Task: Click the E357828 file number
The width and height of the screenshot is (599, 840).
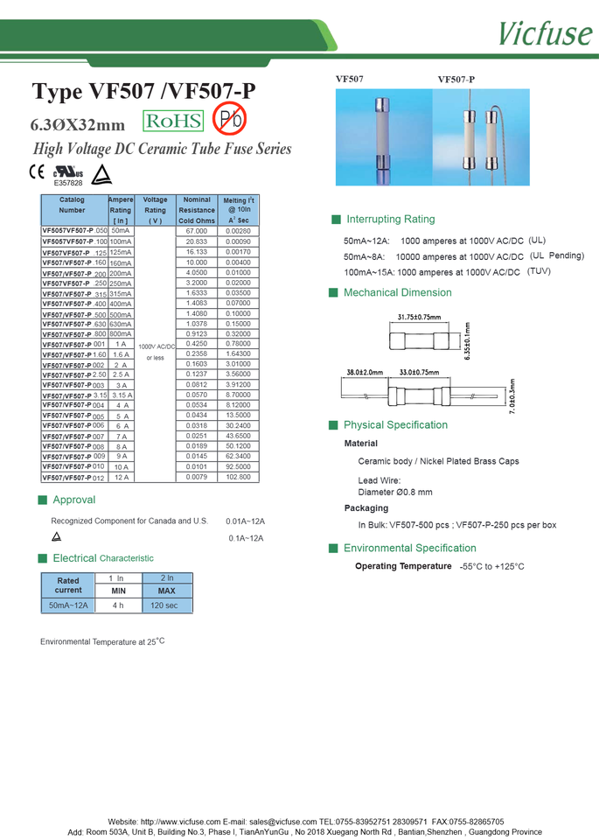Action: pyautogui.click(x=68, y=184)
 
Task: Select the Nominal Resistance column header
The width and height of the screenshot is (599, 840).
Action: pyautogui.click(x=197, y=210)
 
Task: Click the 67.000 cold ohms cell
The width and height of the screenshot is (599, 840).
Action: pyautogui.click(x=197, y=230)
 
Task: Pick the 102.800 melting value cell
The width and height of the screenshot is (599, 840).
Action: pyautogui.click(x=238, y=477)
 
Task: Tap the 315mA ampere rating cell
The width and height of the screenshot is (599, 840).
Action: pyautogui.click(x=121, y=294)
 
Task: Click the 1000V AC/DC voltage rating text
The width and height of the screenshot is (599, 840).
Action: pyautogui.click(x=155, y=346)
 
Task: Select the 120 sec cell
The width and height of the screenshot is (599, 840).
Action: pyautogui.click(x=164, y=605)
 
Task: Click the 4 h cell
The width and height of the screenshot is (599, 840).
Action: pyautogui.click(x=118, y=605)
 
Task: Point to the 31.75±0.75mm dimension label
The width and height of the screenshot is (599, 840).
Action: pyautogui.click(x=419, y=317)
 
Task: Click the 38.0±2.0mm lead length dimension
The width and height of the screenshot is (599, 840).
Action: pyautogui.click(x=365, y=372)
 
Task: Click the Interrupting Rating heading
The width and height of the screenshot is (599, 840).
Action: pyautogui.click(x=390, y=219)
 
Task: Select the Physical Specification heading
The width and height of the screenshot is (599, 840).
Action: pyautogui.click(x=395, y=425)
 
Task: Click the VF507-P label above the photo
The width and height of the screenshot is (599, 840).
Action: pyautogui.click(x=456, y=80)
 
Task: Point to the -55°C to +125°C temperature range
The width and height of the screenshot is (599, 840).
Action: pyautogui.click(x=491, y=567)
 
